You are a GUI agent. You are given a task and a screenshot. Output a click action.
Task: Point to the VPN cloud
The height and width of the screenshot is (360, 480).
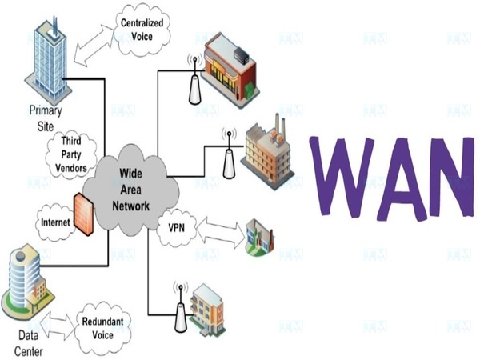coord(176,226)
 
